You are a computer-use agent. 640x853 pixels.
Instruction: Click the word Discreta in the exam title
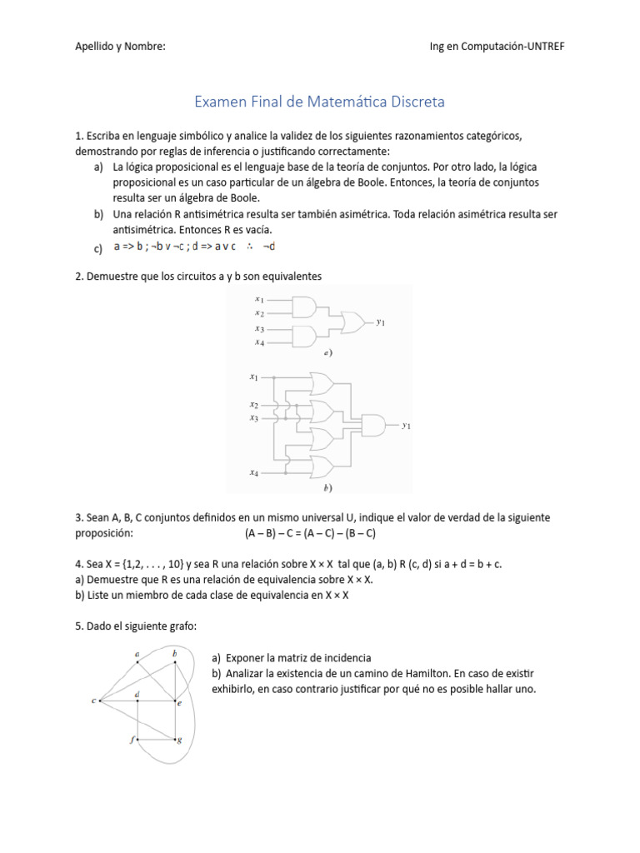pos(414,102)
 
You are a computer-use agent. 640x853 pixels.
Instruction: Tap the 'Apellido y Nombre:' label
pos(120,47)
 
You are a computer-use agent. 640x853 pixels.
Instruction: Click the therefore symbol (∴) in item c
pos(249,247)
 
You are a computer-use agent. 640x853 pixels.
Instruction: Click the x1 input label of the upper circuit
pos(259,300)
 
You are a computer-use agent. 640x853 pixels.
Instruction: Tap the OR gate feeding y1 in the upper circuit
pos(354,322)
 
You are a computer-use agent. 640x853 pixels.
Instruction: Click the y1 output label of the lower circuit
pos(406,426)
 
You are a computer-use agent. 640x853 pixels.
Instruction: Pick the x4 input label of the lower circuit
pos(253,472)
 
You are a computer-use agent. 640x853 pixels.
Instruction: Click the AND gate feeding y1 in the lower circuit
pos(372,425)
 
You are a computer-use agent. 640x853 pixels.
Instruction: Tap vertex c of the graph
pos(94,701)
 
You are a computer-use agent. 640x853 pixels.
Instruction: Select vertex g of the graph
pos(179,740)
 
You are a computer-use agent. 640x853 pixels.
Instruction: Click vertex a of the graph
pos(137,656)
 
